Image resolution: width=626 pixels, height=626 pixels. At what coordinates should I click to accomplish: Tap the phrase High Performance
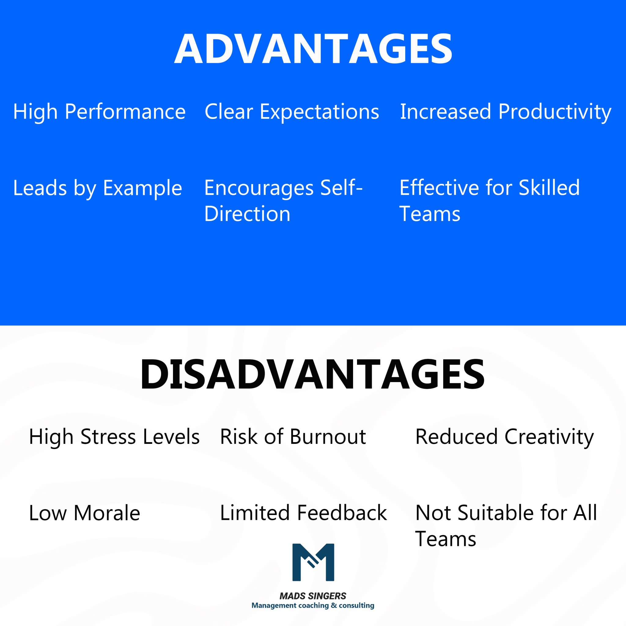[x=99, y=112]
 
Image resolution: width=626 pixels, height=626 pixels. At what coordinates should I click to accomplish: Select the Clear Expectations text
[x=292, y=112]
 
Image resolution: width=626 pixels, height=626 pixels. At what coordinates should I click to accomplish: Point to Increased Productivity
[x=506, y=112]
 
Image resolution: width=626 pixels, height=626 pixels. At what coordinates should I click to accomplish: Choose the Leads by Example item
[x=97, y=188]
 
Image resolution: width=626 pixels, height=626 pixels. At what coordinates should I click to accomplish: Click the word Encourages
[x=259, y=188]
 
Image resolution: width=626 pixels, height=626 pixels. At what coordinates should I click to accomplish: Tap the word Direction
[x=247, y=214]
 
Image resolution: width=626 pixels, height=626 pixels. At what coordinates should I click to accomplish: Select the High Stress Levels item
[x=114, y=437]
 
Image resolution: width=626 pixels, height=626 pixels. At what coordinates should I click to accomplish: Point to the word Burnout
[x=328, y=437]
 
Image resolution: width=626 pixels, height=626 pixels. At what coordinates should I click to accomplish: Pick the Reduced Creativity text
[x=504, y=437]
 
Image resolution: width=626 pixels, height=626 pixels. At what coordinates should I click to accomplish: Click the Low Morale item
[x=84, y=513]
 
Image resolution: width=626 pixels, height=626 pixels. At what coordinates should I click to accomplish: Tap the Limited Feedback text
[x=303, y=513]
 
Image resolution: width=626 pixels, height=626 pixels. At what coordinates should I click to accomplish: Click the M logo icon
[x=313, y=562]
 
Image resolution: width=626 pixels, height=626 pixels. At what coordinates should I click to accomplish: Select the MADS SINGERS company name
[x=313, y=596]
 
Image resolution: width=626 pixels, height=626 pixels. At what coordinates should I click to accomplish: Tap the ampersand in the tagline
[x=334, y=605]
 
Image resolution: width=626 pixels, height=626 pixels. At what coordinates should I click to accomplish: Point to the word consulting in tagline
[x=356, y=606]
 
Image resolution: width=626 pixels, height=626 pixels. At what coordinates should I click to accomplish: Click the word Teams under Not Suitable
[x=446, y=539]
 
